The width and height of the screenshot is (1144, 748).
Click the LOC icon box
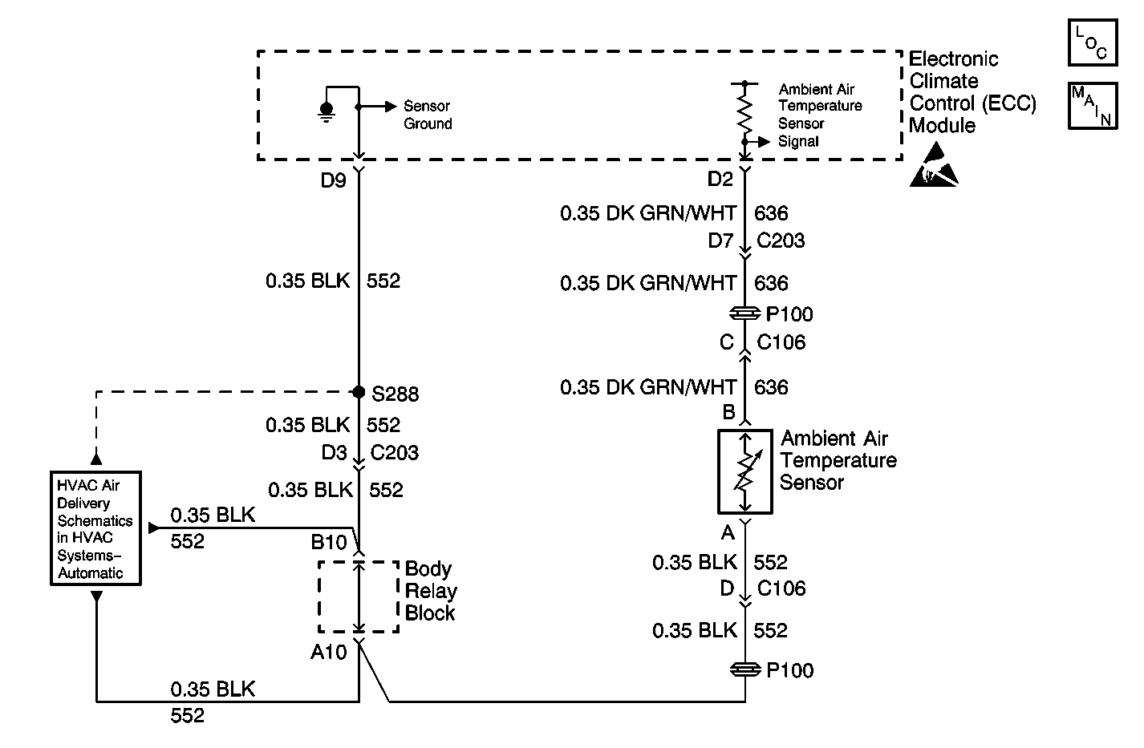pyautogui.click(x=1092, y=43)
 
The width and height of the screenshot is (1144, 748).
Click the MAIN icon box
pyautogui.click(x=1092, y=105)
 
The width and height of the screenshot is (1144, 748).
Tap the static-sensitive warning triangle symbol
pyautogui.click(x=933, y=166)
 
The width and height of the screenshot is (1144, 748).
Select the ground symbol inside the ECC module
pyautogui.click(x=326, y=111)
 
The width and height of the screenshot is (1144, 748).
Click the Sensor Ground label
pyautogui.click(x=428, y=115)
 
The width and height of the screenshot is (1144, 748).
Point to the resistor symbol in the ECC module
pyautogui.click(x=745, y=112)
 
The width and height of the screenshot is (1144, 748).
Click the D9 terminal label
pyautogui.click(x=333, y=180)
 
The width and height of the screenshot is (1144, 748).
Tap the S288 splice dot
pyautogui.click(x=359, y=392)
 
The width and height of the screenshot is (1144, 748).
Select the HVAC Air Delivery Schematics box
pyautogui.click(x=96, y=528)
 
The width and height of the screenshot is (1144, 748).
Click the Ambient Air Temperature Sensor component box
pyautogui.click(x=745, y=471)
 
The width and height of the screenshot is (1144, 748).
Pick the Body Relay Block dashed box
pyautogui.click(x=359, y=596)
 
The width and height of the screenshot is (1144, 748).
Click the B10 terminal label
pyautogui.click(x=329, y=543)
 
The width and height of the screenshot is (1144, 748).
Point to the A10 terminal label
pyautogui.click(x=329, y=652)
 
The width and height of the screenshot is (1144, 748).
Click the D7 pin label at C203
pyautogui.click(x=720, y=241)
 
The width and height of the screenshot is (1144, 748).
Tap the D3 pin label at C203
pyautogui.click(x=334, y=453)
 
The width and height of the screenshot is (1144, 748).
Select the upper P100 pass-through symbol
pyautogui.click(x=745, y=313)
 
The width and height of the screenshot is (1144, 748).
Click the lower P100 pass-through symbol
pyautogui.click(x=745, y=669)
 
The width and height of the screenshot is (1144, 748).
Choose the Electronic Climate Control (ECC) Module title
pyautogui.click(x=972, y=92)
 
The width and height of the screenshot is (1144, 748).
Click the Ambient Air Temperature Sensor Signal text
pyautogui.click(x=820, y=115)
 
